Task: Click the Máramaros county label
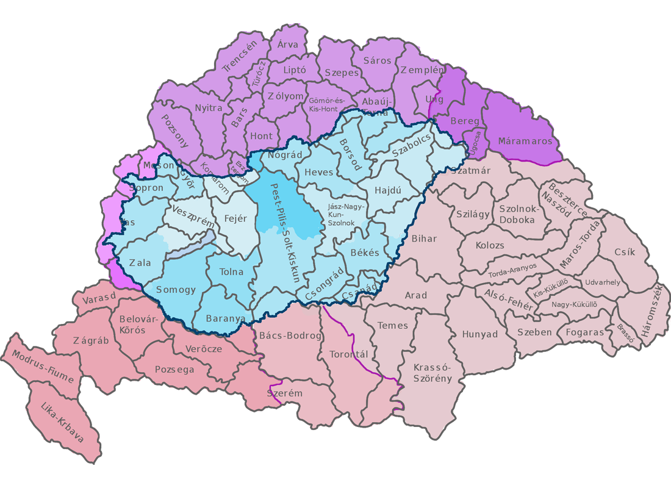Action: point(525,141)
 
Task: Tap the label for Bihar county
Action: point(425,239)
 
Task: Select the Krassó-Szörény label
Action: point(432,373)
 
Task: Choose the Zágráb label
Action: point(91,340)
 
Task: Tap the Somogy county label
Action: point(176,290)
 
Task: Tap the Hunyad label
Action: point(480,334)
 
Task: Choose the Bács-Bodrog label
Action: point(290,336)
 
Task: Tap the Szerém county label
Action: point(285,393)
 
